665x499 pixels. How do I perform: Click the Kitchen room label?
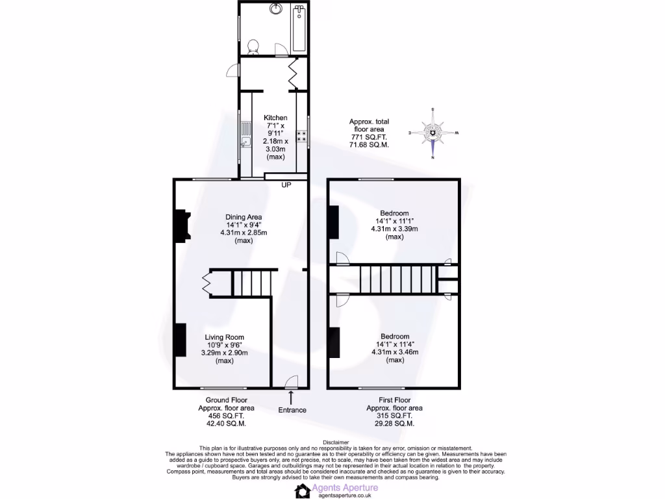tap(275, 118)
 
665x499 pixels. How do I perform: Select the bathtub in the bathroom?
tap(299, 29)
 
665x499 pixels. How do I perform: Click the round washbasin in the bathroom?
tap(277, 9)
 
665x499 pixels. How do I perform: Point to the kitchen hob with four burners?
tap(302, 136)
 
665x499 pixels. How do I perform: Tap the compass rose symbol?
tap(433, 133)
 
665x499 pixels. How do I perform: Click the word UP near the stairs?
tap(286, 185)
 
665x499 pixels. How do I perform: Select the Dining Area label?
tap(243, 217)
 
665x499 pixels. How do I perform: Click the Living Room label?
tap(224, 337)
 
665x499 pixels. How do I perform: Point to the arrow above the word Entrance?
tap(290, 396)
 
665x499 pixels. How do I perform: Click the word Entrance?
tap(292, 410)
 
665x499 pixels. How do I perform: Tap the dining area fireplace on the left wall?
tap(180, 227)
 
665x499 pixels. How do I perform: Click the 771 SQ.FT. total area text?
tap(368, 137)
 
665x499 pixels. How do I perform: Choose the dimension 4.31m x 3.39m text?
tap(394, 229)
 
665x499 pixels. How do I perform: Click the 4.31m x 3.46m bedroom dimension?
tap(394, 352)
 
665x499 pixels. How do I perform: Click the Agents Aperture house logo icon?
tap(303, 491)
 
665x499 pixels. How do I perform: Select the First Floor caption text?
tap(394, 400)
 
